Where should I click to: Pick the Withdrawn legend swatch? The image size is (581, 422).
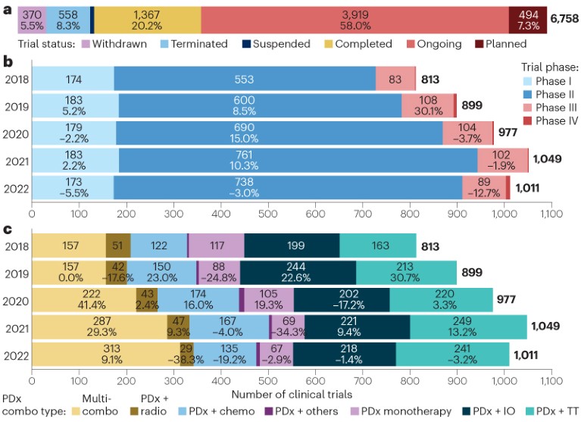click(x=86, y=44)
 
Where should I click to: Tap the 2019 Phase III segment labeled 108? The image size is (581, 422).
click(x=428, y=105)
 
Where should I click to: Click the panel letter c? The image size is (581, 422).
click(x=7, y=230)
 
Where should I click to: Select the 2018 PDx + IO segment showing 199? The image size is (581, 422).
click(x=292, y=247)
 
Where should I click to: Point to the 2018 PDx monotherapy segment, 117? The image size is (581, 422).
click(x=217, y=247)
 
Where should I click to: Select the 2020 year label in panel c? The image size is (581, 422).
click(x=14, y=301)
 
